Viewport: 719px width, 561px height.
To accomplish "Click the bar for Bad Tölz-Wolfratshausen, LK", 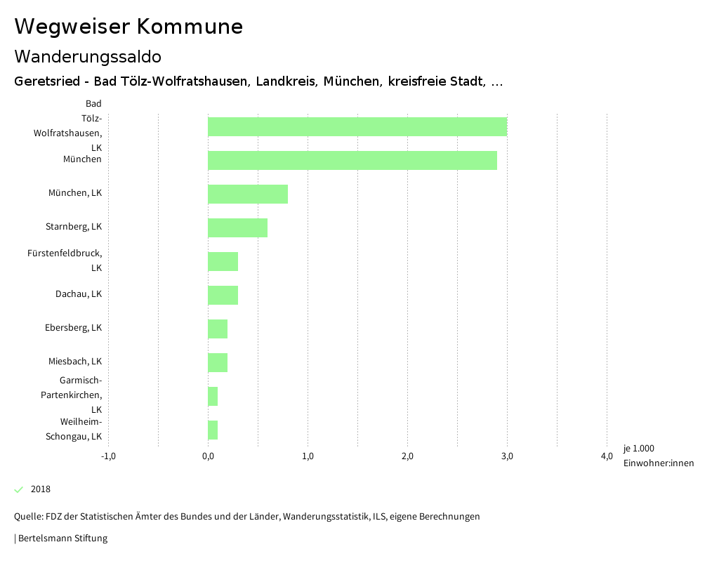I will pos(357,127).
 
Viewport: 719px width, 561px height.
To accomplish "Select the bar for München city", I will pos(352,161).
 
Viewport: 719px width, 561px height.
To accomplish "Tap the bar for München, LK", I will pos(247,194).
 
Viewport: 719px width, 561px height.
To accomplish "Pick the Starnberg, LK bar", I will pos(237,228).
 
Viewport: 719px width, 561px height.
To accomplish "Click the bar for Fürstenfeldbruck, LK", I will pos(223,262).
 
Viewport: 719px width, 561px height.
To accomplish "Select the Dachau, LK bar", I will pos(223,296).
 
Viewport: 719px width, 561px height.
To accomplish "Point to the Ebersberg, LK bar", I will pos(218,329).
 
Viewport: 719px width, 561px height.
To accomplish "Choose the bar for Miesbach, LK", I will pos(218,363).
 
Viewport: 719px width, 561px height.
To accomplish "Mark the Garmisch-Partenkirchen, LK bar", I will pos(213,397).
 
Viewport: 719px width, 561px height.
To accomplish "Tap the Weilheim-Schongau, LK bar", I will pos(213,430).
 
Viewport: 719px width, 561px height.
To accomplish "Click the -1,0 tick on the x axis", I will pos(108,456).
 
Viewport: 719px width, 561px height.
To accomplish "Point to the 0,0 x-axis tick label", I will pos(208,456).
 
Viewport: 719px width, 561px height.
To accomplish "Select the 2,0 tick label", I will pos(407,456).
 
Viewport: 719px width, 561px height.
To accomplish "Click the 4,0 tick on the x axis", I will pos(607,456).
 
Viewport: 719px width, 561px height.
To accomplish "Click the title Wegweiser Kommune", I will pos(128,27).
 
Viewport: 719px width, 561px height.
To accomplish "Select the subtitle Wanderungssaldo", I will pos(88,56).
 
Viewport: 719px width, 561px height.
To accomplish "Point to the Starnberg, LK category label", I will pos(74,227).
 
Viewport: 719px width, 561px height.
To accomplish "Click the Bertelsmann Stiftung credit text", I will pos(62,539).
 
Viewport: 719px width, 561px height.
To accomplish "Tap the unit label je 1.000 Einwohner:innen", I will pos(657,456).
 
